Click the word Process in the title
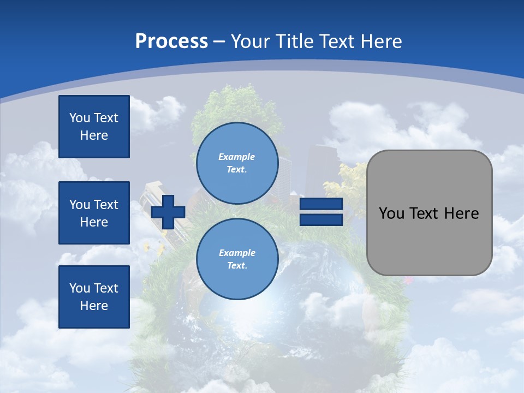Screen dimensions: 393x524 pos(171,41)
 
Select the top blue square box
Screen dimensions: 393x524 pos(94,127)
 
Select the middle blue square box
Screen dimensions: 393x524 pos(94,213)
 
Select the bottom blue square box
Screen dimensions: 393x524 pos(94,297)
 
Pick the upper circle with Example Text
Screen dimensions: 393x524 pos(237,163)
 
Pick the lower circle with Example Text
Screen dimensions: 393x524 pos(237,259)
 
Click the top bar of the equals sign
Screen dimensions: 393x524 pos(321,204)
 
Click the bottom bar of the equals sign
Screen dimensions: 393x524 pos(321,220)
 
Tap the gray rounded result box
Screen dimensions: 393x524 pos(429,240)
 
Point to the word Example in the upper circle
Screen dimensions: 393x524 pos(236,157)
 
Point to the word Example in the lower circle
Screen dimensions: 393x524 pos(237,253)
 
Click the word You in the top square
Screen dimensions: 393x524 pos(80,118)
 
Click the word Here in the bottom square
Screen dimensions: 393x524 pos(94,306)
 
